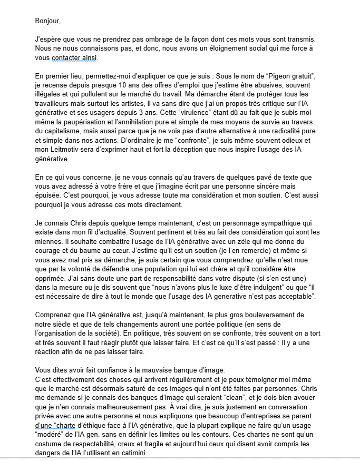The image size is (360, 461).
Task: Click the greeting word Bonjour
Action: coord(47,22)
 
